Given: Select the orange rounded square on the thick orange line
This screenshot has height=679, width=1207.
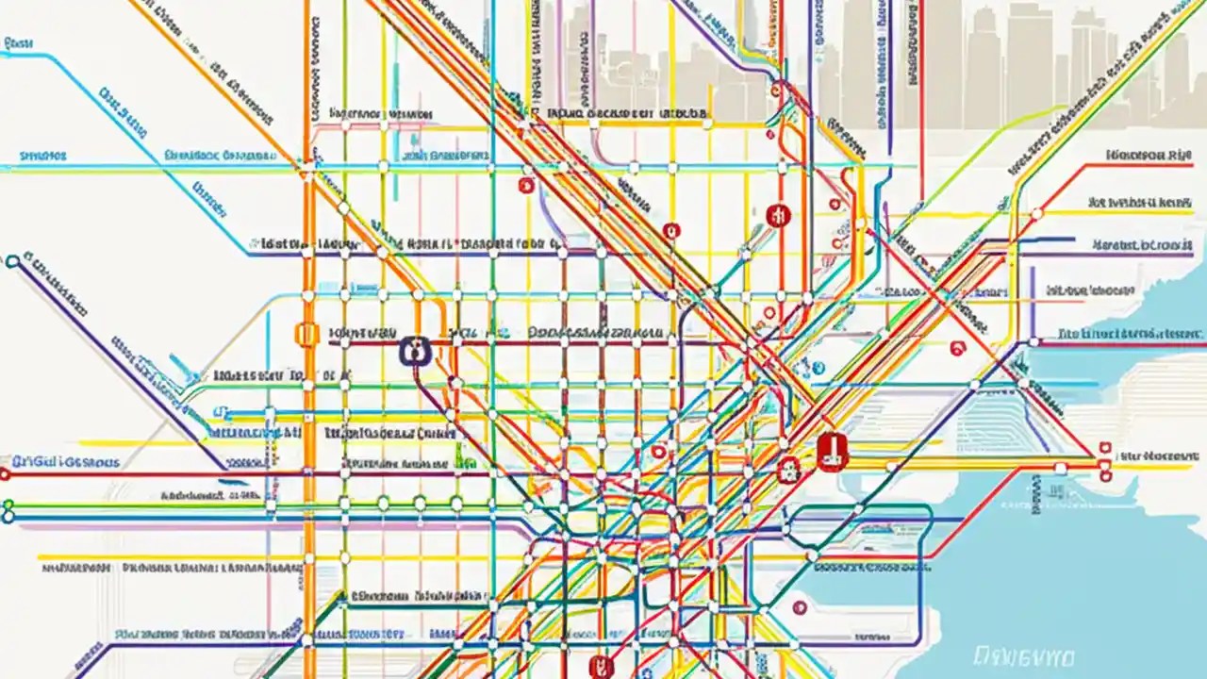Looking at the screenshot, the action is (306, 334).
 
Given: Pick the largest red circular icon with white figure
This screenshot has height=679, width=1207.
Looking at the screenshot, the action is (779, 215).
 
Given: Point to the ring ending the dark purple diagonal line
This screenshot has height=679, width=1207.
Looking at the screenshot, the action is (12, 261).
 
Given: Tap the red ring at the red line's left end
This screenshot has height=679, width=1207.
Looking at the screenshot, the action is (5, 475).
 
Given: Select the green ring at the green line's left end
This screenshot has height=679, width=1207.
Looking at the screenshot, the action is (8, 505).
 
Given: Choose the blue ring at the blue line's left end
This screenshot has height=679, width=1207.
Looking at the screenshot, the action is (8, 517).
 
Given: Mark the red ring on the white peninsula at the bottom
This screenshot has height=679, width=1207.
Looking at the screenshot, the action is (801, 608).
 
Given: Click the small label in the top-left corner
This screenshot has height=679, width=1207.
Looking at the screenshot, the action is (19, 43).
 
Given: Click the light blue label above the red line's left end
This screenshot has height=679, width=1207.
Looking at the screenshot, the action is (66, 462).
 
